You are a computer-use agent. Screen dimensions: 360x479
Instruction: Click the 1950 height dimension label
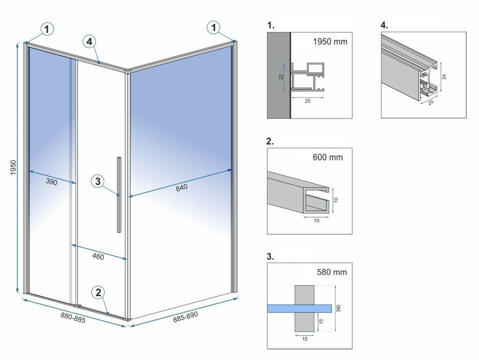(13, 167)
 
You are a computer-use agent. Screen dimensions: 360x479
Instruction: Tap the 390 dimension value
(51, 182)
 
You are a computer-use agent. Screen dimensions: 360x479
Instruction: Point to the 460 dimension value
(98, 256)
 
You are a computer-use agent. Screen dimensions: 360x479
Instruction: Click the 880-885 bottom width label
(72, 317)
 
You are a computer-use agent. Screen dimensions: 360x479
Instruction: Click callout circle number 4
(88, 42)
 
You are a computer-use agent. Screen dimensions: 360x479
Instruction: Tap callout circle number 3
(98, 181)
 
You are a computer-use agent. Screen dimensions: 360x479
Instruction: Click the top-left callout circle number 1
(46, 29)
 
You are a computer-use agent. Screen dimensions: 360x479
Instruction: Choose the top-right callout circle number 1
(213, 28)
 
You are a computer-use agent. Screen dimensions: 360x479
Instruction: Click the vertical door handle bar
(118, 194)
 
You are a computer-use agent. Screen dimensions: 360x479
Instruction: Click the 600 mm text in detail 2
(327, 157)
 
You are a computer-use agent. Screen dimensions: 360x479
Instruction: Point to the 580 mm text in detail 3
(331, 272)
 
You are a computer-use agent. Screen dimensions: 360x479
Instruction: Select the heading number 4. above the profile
(384, 24)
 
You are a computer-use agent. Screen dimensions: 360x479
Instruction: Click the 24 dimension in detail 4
(444, 76)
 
